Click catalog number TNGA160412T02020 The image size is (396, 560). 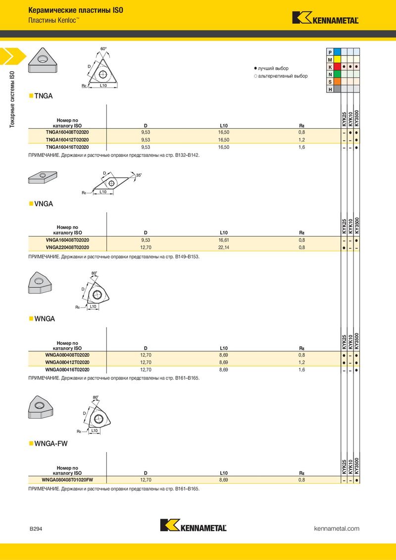67,140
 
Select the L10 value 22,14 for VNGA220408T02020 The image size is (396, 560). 224,247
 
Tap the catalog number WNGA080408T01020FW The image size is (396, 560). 67,480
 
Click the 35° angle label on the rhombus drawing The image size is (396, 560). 139,175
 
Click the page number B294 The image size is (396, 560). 36,529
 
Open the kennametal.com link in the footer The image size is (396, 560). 337,528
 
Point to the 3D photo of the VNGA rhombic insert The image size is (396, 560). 43,177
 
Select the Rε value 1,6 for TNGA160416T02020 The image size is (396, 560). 302,147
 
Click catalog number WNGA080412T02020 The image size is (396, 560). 67,363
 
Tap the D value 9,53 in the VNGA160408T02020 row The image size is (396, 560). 146,240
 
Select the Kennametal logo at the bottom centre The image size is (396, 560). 194,525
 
